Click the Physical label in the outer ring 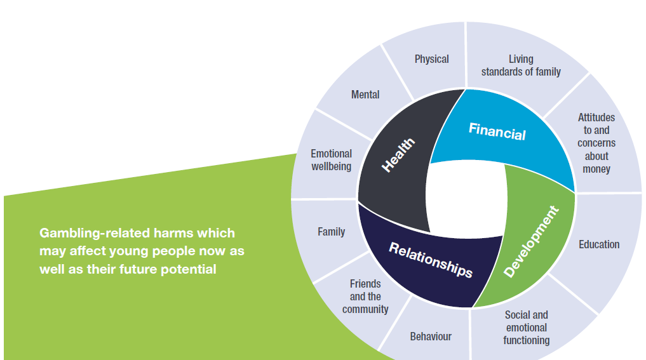point(431,59)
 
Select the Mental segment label point(365,95)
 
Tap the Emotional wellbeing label point(331,160)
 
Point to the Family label point(331,232)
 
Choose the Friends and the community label point(365,297)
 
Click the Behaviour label point(431,336)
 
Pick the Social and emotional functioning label point(526,328)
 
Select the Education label point(599,244)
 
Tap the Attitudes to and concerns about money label point(596,143)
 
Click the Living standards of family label point(521,65)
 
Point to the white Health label point(398,155)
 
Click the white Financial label point(497,131)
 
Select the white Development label point(531,242)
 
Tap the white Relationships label point(431,259)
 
